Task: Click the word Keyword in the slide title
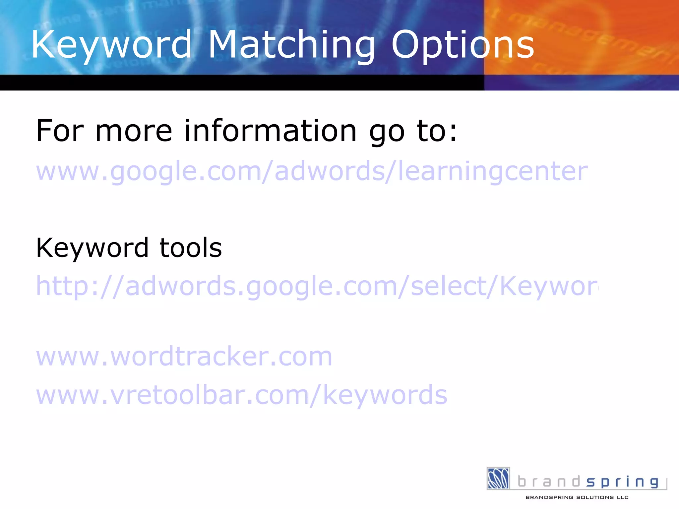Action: point(111,45)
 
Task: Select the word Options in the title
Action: point(463,45)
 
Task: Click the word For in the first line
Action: point(60,131)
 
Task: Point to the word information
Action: point(270,131)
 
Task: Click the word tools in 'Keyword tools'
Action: point(191,248)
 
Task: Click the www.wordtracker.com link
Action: point(184,357)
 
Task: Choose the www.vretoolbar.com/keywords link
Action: point(241,395)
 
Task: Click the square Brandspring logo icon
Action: point(498,478)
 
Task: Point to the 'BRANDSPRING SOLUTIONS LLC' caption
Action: point(577,497)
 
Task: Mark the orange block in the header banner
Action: point(580,36)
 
